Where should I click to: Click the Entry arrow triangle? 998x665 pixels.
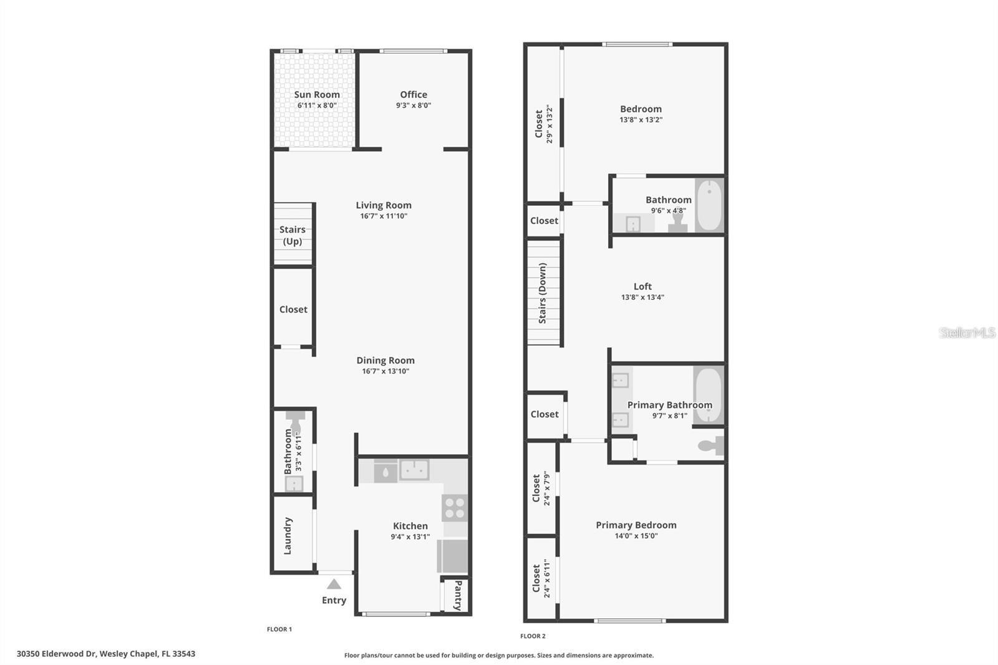pos(334,585)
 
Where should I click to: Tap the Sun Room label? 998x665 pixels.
pos(317,95)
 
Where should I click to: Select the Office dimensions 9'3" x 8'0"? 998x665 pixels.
pos(413,105)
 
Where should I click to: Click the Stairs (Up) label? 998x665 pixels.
pos(293,235)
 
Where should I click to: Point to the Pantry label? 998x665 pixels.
pos(458,595)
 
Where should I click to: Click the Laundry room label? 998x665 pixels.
pos(288,535)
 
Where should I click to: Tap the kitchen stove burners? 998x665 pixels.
pos(455,507)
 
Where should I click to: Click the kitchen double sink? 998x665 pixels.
pos(414,469)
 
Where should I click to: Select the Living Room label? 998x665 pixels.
pos(384,205)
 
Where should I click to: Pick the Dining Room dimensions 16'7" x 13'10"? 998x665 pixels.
pos(385,371)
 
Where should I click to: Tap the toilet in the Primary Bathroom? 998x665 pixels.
pos(710,445)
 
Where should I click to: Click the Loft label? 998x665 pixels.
pos(642,286)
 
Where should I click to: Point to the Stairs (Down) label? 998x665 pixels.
pos(543,293)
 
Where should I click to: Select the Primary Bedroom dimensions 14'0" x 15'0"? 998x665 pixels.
pos(636,536)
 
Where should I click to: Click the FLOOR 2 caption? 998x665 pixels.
pos(533,636)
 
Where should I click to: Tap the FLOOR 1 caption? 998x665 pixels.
pos(279,629)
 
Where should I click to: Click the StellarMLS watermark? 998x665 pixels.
pos(967,332)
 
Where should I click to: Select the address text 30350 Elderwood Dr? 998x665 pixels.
pos(56,654)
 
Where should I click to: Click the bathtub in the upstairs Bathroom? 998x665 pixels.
pos(709,205)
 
